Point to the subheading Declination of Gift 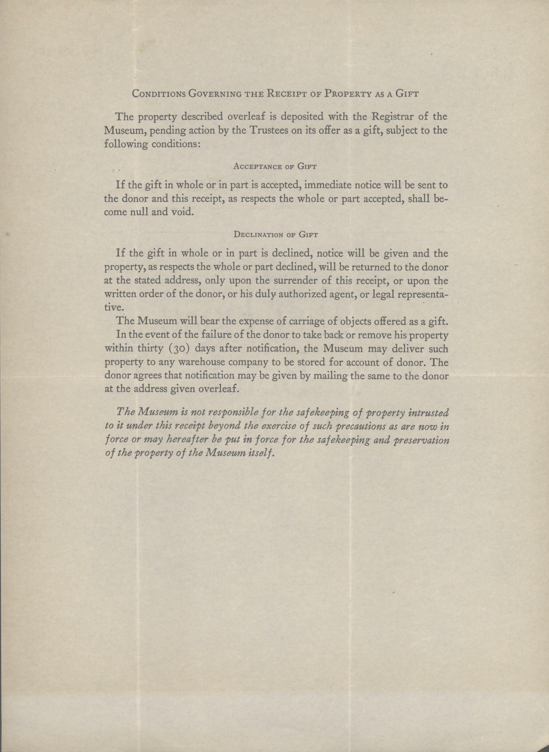click(276, 235)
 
